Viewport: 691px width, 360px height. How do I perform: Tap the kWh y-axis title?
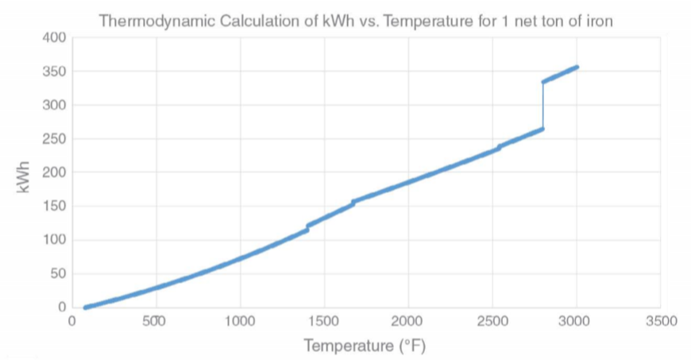point(24,176)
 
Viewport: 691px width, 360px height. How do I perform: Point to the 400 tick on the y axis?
point(54,37)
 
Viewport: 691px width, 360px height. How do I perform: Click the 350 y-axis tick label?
point(54,72)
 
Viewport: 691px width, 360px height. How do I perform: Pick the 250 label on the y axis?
point(54,139)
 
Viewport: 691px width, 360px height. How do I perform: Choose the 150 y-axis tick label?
point(54,207)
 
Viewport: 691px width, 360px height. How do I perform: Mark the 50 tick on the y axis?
point(57,274)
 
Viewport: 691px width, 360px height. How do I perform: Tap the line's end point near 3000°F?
point(577,68)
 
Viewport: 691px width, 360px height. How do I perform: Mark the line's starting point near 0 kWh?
point(86,307)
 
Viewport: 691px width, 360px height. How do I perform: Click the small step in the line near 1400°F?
point(307,227)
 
